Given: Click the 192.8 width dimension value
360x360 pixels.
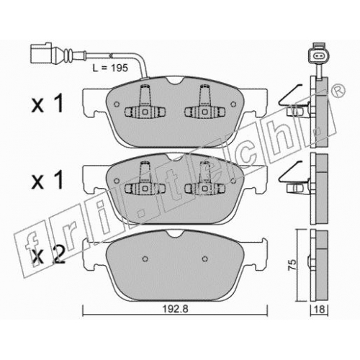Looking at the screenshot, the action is click(176, 309).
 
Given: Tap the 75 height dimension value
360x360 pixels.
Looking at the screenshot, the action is click(293, 265).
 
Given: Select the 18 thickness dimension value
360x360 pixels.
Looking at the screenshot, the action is click(319, 310).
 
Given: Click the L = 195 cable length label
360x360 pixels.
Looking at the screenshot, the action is click(110, 68).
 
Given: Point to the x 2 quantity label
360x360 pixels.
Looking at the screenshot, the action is click(48, 257).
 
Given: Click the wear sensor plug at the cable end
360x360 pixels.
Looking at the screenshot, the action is click(41, 54).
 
